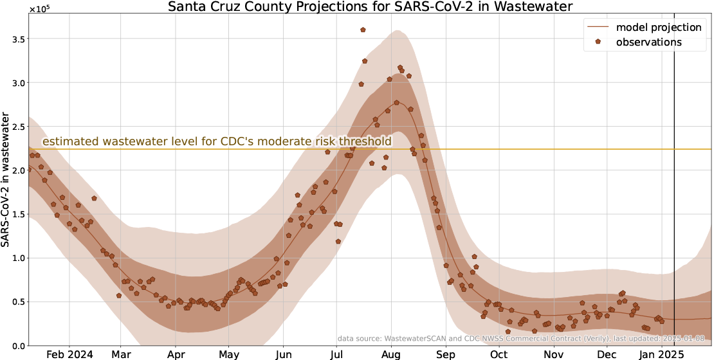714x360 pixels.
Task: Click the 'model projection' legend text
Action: coord(659,27)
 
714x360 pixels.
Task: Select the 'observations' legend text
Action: coord(649,42)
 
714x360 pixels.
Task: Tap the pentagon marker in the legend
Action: coord(598,42)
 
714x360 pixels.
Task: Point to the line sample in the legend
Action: coord(598,27)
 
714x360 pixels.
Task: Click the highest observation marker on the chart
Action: coord(363,30)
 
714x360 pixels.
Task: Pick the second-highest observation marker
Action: coord(365,61)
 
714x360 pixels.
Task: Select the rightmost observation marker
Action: coord(661,321)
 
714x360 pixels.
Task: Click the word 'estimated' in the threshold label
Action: coord(70,141)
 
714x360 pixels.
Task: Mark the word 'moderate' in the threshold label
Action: coord(288,141)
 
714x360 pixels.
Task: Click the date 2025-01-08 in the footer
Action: coord(683,338)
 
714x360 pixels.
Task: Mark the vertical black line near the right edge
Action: coord(674,193)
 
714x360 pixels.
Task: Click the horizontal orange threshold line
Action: coord(515,149)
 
